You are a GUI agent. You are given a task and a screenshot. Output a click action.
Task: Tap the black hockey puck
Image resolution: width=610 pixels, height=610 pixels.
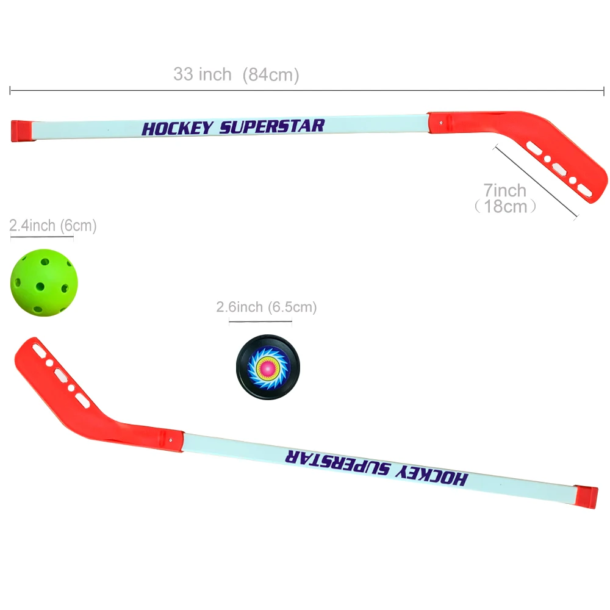pyautogui.click(x=267, y=367)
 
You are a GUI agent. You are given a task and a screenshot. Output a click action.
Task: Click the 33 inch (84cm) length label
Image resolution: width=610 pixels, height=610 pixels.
pyautogui.click(x=236, y=75)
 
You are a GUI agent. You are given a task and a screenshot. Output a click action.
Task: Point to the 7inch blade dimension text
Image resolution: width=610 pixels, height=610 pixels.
pyautogui.click(x=504, y=190)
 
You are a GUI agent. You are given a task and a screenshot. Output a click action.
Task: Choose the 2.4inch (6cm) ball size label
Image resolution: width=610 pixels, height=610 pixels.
pyautogui.click(x=53, y=226)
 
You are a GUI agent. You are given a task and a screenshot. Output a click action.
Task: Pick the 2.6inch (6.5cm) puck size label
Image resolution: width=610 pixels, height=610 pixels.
pyautogui.click(x=267, y=307)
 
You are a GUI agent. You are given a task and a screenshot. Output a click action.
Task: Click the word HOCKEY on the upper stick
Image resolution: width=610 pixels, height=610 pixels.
pyautogui.click(x=178, y=128)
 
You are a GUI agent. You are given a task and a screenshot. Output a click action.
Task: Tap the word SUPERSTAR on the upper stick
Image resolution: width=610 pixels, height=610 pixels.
pyautogui.click(x=272, y=126)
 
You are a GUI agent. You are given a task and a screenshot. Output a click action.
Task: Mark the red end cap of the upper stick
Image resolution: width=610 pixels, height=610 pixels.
pyautogui.click(x=20, y=131)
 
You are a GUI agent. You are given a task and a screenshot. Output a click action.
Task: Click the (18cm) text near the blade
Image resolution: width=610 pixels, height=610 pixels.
pyautogui.click(x=506, y=206)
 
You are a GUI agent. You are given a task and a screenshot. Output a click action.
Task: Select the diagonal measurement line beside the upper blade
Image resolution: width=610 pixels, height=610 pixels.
pyautogui.click(x=536, y=182)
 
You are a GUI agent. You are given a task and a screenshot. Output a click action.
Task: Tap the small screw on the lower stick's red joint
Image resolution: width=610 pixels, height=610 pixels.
pyautogui.click(x=172, y=437)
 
